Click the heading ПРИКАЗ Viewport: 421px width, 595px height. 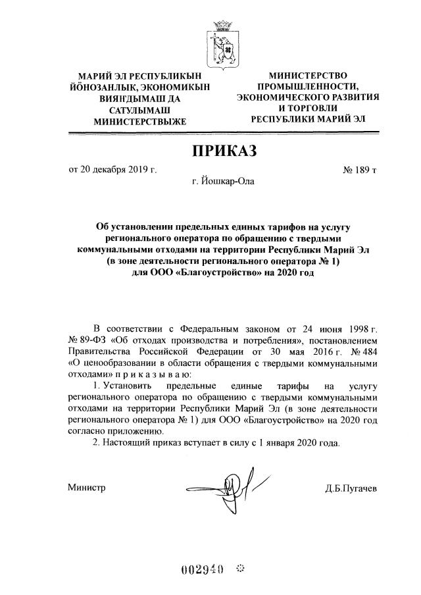pos(222,151)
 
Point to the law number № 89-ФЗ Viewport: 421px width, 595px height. pos(87,340)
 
